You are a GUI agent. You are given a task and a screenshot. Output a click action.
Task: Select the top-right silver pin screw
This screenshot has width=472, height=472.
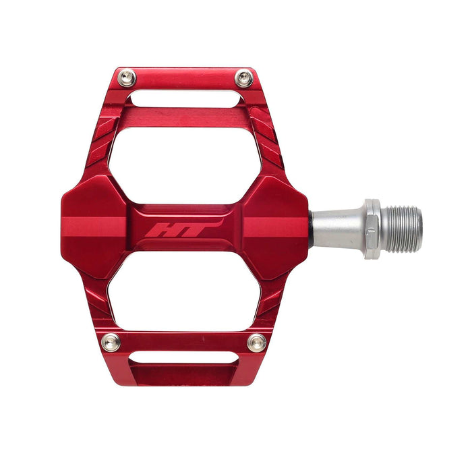click(244, 78)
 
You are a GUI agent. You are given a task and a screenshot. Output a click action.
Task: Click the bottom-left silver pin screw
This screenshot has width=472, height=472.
click(111, 342)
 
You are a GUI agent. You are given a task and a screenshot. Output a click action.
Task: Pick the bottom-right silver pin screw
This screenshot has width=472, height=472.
click(256, 343)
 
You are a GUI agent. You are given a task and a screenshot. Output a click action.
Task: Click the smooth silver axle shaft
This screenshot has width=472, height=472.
click(337, 229)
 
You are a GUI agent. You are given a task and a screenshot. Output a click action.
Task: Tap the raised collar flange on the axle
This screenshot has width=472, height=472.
click(372, 229)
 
